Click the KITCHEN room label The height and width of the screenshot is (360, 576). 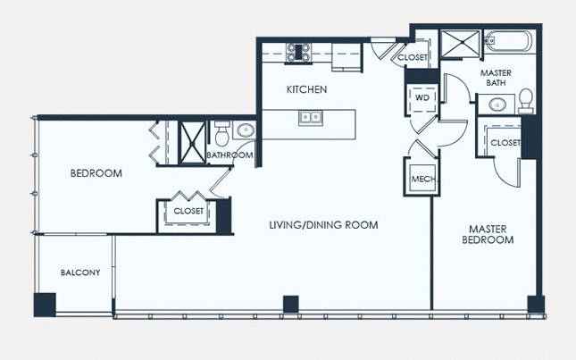[x=306, y=89]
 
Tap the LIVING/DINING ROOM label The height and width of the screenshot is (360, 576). [x=323, y=225]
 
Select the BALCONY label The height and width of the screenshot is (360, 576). [x=80, y=272]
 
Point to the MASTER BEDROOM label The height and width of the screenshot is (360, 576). [x=488, y=234]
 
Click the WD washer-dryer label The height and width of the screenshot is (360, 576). [x=422, y=97]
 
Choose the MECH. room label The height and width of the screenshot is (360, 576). [x=423, y=180]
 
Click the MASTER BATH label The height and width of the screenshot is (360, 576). [x=496, y=78]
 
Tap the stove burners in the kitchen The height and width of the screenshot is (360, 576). [x=298, y=52]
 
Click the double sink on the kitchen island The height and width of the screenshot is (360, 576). [x=311, y=118]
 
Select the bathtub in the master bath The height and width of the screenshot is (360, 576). [x=508, y=41]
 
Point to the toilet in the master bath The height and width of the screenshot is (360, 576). [x=526, y=100]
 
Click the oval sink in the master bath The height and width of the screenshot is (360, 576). [x=497, y=105]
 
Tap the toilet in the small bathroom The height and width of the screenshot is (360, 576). [x=221, y=133]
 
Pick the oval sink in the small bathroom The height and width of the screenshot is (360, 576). [x=245, y=130]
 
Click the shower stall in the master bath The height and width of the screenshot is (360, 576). [x=460, y=45]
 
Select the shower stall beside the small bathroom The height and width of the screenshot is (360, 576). [x=192, y=143]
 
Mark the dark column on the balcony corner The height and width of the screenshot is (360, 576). [x=45, y=305]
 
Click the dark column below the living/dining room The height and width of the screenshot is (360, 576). [x=290, y=304]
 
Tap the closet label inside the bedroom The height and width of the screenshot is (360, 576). [x=188, y=211]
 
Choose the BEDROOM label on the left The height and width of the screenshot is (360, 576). [x=96, y=173]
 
